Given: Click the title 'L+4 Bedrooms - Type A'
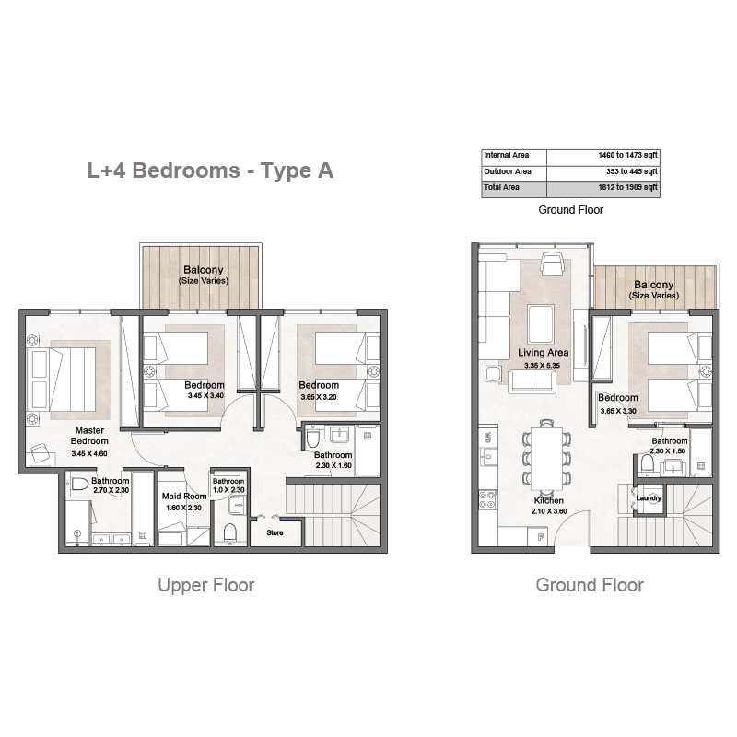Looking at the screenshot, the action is coord(211,170).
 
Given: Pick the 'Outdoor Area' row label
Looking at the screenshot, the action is coord(508,171).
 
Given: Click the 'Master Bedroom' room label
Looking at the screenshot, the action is coord(89,436).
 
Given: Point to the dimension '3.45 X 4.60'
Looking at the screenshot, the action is coord(89,454).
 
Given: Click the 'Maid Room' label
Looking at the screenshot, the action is coord(184,497).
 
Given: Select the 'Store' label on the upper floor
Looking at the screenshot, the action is coord(275,533).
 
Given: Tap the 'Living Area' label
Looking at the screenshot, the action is coord(544,353).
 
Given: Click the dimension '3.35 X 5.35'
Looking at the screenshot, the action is coord(543,366).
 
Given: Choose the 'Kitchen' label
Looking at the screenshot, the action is coord(548,500).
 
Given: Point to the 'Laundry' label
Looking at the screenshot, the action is coord(649,498).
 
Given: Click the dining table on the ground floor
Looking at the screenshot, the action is coord(546,458).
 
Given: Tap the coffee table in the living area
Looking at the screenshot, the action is coord(541,324).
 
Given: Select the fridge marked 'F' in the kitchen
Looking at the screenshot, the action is coord(541,537).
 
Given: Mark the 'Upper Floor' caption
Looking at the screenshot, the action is coord(205,585).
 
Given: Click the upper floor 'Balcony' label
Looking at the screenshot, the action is coord(203,270).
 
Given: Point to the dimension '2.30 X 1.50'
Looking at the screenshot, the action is coord(668,451).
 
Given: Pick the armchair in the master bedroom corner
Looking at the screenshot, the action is coord(41,453).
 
